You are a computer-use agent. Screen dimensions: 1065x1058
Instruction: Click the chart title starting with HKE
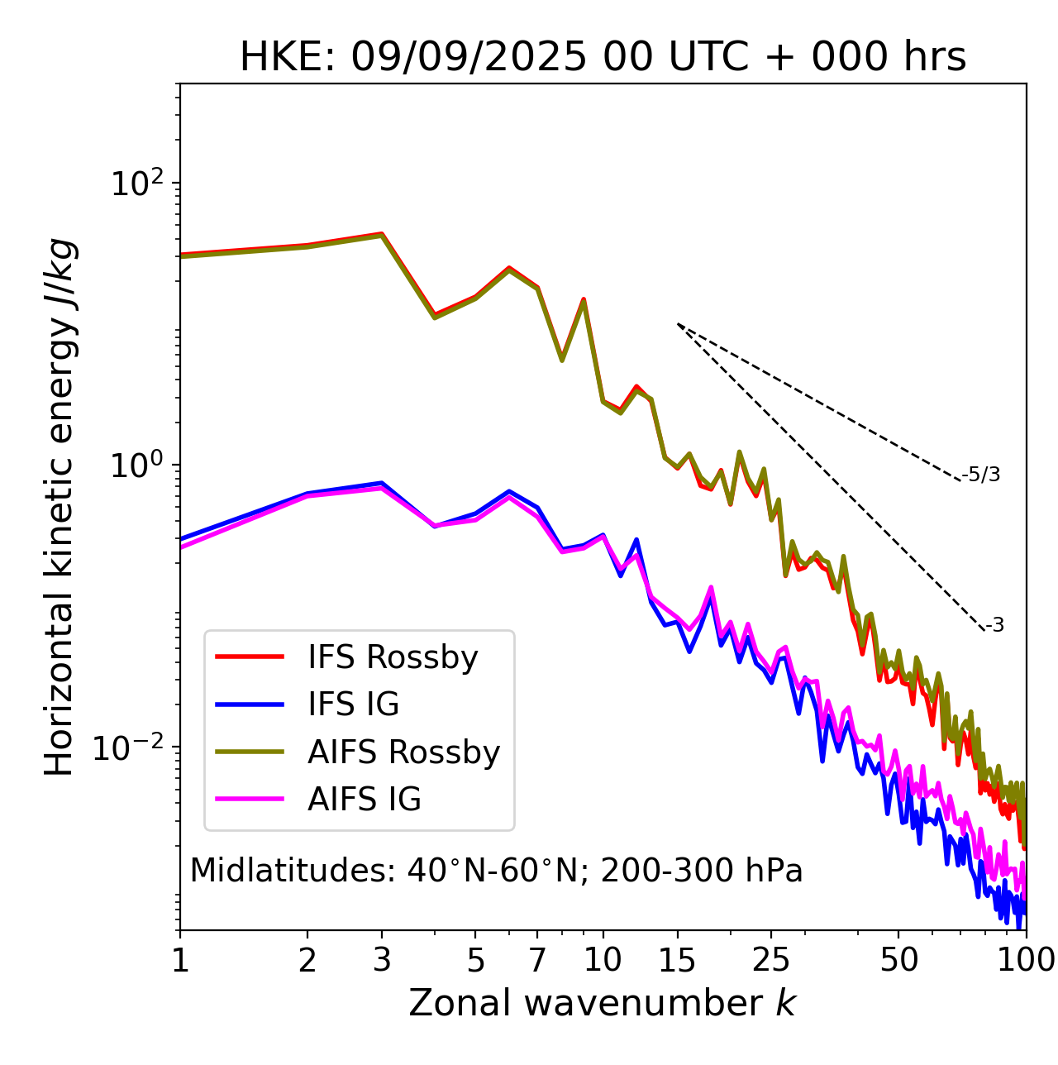pyautogui.click(x=603, y=58)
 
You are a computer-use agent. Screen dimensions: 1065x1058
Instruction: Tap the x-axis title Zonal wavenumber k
pyautogui.click(x=603, y=1003)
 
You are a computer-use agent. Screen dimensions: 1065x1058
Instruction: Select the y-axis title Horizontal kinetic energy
pyautogui.click(x=60, y=508)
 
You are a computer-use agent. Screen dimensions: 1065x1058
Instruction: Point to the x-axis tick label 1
pyautogui.click(x=180, y=960)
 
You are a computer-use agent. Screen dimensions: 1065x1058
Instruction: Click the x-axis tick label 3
pyautogui.click(x=382, y=960)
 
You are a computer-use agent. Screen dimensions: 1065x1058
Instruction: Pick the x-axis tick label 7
pyautogui.click(x=537, y=960)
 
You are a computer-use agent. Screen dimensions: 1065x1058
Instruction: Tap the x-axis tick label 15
pyautogui.click(x=677, y=960)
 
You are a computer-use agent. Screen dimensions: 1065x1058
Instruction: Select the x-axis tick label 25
pyautogui.click(x=771, y=960)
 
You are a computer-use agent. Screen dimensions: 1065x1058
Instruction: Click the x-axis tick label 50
pyautogui.click(x=898, y=960)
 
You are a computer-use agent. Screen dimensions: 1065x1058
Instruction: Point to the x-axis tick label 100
pyautogui.click(x=1026, y=960)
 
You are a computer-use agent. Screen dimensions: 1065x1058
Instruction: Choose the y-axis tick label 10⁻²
pyautogui.click(x=132, y=748)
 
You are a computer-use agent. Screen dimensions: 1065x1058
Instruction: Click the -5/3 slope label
pyautogui.click(x=981, y=475)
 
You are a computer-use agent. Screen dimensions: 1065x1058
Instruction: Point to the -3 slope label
pyautogui.click(x=994, y=626)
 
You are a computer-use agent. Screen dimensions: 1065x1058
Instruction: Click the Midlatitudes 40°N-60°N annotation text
pyautogui.click(x=496, y=871)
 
